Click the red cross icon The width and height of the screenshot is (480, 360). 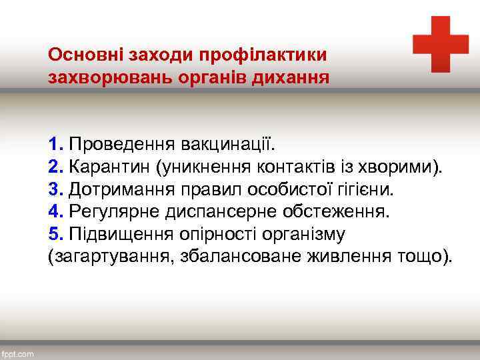[x=441, y=44]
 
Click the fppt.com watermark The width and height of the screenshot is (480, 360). [x=18, y=354]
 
